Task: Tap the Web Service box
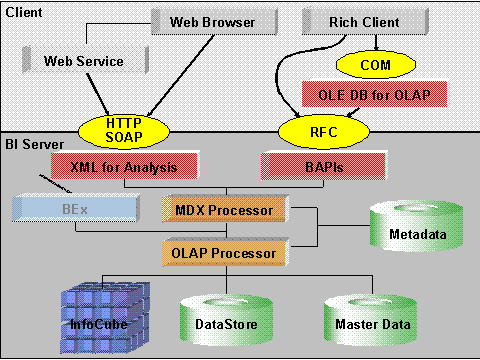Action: [83, 61]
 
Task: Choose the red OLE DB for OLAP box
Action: [373, 95]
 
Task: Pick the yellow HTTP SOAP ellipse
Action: [125, 129]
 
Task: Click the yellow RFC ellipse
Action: [316, 129]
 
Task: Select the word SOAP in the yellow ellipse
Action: [125, 136]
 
